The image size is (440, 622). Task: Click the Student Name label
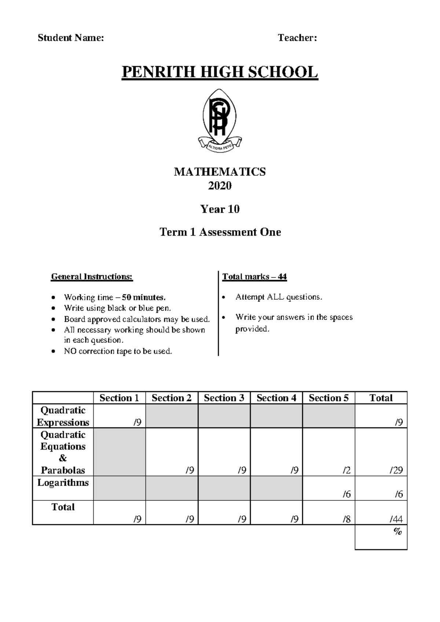pos(71,38)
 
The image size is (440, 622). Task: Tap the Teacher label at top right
pos(297,38)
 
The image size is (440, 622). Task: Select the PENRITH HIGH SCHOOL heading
pos(220,72)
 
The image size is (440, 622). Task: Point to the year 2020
pos(220,186)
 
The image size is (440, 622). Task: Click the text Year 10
pos(220,209)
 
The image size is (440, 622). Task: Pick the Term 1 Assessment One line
pos(220,232)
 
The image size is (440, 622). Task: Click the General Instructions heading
pos(92,277)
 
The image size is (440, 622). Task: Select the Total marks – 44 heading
pos(254,277)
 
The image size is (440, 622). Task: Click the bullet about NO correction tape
pos(118,351)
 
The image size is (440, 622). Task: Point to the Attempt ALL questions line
pos(279,297)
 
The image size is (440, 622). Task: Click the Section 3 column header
pos(224,398)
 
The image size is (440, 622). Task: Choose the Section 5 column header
pos(329,398)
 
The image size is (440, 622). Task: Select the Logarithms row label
pos(63,483)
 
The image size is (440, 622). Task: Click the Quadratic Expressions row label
pos(63,416)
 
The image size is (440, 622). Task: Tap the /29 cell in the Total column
pos(396,470)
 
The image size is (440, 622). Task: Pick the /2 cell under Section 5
pos(346,470)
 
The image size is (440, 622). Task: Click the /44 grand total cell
pos(396,519)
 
